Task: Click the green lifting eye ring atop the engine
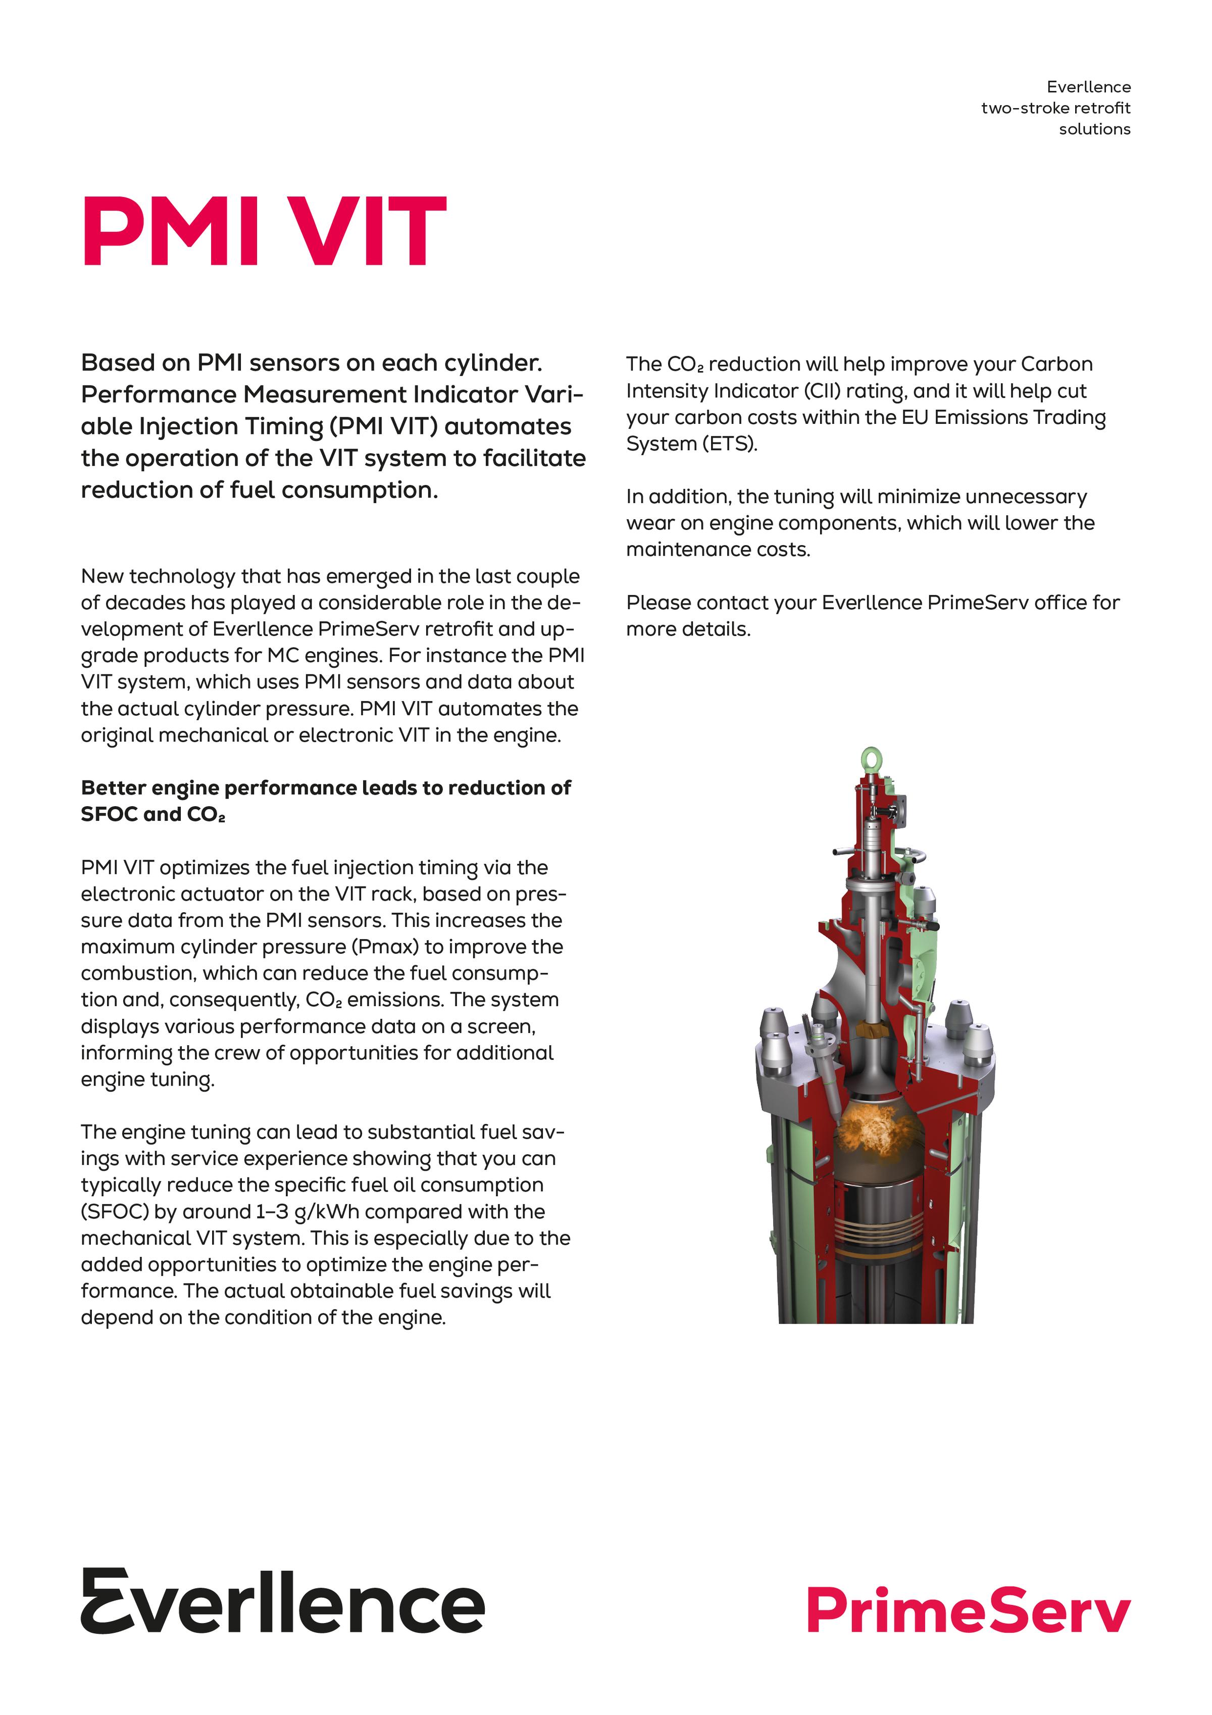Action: [872, 759]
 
